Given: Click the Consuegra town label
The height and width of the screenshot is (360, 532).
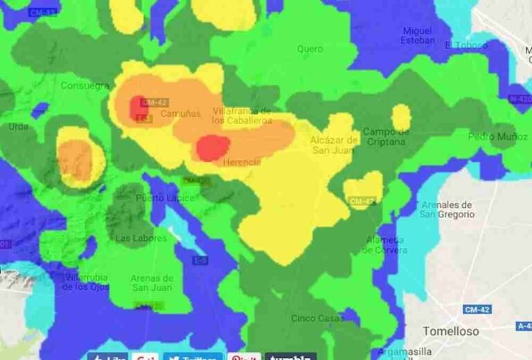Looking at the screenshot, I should pyautogui.click(x=85, y=86).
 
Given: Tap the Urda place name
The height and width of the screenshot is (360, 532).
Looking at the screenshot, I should pyautogui.click(x=19, y=127).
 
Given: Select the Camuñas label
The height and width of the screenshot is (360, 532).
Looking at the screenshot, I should pyautogui.click(x=180, y=114).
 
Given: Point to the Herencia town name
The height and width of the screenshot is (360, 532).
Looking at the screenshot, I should pyautogui.click(x=242, y=162).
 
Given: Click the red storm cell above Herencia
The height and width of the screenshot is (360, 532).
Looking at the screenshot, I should pyautogui.click(x=213, y=147).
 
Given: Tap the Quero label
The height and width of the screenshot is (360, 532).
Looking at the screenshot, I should pyautogui.click(x=310, y=48).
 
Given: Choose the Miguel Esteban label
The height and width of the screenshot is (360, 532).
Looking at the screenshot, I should pyautogui.click(x=418, y=35).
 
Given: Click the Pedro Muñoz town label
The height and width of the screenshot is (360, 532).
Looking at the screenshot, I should pyautogui.click(x=497, y=136).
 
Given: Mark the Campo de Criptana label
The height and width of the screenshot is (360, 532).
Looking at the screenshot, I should pyautogui.click(x=387, y=136).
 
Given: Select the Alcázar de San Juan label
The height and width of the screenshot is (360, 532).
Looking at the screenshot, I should pyautogui.click(x=334, y=145).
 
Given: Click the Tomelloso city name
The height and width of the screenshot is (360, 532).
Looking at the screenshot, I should pyautogui.click(x=450, y=331).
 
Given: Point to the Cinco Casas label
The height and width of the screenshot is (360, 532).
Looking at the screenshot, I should pyautogui.click(x=317, y=318).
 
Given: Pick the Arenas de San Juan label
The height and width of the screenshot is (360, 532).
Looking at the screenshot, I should pyautogui.click(x=152, y=282).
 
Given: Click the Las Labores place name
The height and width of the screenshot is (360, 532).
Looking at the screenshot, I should pyautogui.click(x=141, y=238).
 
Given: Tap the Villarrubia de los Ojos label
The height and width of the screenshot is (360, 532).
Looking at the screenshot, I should pyautogui.click(x=86, y=282).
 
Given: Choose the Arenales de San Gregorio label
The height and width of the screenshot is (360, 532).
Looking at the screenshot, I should pyautogui.click(x=447, y=209).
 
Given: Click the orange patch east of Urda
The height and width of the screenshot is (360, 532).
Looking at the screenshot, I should pyautogui.click(x=76, y=159).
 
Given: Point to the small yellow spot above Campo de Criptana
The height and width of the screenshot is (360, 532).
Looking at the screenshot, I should pyautogui.click(x=401, y=116).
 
